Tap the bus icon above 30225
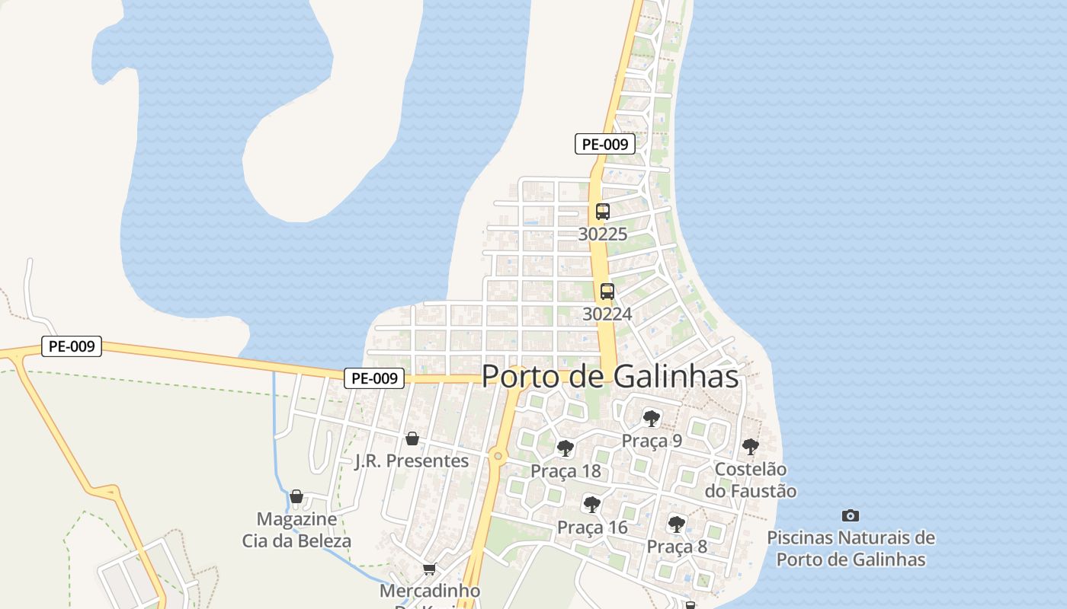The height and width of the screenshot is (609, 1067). coord(603,212)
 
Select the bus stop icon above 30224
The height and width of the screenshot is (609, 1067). coord(607,291)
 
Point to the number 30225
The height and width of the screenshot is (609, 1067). coord(603,234)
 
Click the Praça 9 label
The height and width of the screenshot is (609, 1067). coord(652,441)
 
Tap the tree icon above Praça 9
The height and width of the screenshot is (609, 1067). coord(651,418)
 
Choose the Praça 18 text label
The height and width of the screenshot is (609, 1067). coord(566,471)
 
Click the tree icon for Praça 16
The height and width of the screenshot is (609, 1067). coord(591,504)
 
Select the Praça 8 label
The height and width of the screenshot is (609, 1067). coord(677,547)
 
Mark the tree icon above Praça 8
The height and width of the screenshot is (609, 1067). coord(676,524)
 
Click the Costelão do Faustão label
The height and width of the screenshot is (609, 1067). coord(755,480)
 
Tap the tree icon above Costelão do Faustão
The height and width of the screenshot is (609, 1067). coord(751,447)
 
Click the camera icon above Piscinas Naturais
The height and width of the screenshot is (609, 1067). coord(851,515)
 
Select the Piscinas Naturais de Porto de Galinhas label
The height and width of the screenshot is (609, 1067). coord(851,548)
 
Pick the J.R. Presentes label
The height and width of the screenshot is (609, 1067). coord(412,461)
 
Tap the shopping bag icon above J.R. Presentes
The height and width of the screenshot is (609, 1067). coord(412,438)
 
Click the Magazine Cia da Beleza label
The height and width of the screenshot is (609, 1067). coord(296,530)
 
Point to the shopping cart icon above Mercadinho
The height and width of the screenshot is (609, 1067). coord(430,569)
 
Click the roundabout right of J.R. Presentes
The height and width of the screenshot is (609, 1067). coord(498,456)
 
